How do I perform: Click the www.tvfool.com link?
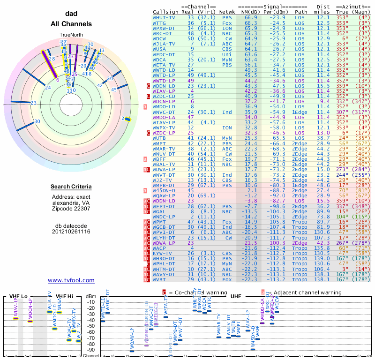pos(71,280)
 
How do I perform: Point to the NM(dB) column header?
pos(247,12)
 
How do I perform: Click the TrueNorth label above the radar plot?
pos(71,35)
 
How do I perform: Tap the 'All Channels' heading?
pos(71,24)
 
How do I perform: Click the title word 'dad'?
pos(71,14)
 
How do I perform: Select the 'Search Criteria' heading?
pos(71,187)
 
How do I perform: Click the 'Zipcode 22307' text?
pos(71,209)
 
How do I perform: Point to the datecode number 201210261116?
pos(71,232)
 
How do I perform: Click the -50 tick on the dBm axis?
pos(91,325)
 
